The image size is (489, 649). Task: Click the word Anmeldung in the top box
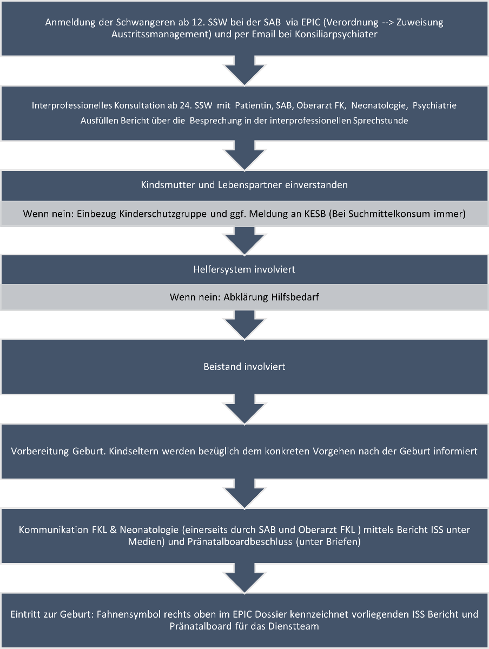coord(70,23)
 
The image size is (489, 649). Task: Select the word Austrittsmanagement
coord(161,35)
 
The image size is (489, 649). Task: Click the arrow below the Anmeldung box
coord(244,70)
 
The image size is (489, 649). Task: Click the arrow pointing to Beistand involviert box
coord(244,325)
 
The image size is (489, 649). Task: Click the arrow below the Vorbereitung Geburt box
coord(244,493)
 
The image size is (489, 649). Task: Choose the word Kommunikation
coord(54,530)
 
